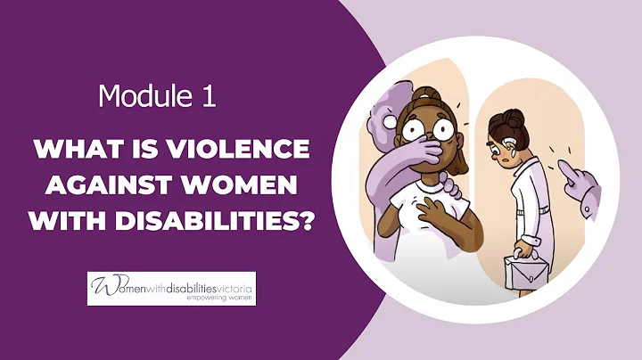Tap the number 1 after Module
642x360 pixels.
207,95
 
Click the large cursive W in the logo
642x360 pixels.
101,288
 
